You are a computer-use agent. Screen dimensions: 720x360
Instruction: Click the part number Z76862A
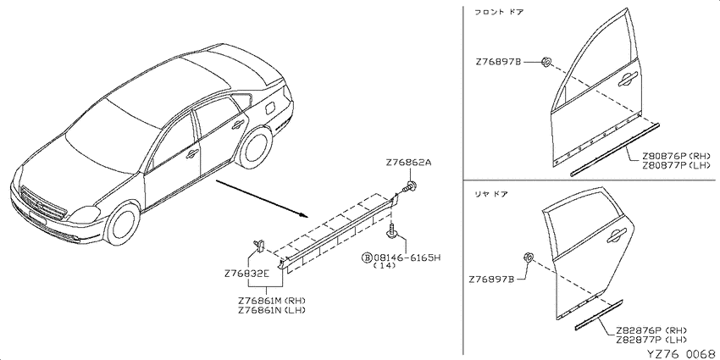coord(408,163)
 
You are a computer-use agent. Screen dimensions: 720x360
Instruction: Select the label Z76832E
coord(246,274)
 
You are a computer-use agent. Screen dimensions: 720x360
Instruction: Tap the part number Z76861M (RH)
coord(272,301)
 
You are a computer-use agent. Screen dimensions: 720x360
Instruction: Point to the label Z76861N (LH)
coord(272,310)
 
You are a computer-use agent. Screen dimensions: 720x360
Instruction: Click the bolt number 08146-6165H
coord(407,258)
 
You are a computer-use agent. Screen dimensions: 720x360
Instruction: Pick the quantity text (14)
coord(385,266)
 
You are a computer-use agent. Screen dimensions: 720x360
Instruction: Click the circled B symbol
coord(368,258)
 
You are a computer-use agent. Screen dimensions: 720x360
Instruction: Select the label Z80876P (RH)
coord(676,156)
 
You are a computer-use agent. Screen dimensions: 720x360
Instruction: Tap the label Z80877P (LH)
coord(676,165)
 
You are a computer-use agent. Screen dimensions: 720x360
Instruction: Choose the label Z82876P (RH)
coord(651,330)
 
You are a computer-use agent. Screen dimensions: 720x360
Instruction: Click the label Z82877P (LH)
coord(651,340)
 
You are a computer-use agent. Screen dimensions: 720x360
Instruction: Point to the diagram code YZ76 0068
coord(683,354)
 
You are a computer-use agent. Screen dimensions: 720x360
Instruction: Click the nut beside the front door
coord(546,62)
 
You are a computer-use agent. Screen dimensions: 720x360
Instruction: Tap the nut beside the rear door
coord(528,258)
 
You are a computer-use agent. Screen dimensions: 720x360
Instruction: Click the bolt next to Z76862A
coord(410,187)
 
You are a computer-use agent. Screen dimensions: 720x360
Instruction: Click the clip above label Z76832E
coord(259,246)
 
